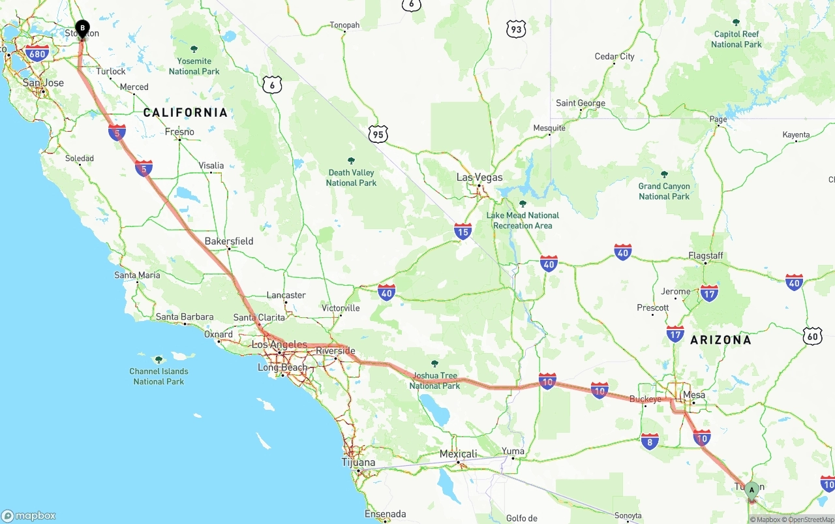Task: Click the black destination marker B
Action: [82, 29]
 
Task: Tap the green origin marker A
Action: [751, 490]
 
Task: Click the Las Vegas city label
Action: [479, 177]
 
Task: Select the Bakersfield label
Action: [229, 241]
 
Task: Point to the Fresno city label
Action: [179, 132]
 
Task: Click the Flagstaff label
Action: [706, 256]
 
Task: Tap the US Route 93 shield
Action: [516, 29]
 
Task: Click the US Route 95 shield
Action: [378, 135]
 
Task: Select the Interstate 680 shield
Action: [38, 54]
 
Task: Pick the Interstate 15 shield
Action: [463, 231]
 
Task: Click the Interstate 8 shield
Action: [649, 442]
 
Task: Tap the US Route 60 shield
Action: [812, 337]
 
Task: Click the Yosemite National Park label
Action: [194, 66]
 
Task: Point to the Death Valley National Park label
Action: [351, 177]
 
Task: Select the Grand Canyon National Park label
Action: [664, 191]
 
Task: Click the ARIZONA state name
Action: [720, 340]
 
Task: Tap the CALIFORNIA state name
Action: [185, 113]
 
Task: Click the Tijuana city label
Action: [359, 463]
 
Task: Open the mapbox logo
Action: [29, 516]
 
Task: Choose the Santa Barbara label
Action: [185, 317]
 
